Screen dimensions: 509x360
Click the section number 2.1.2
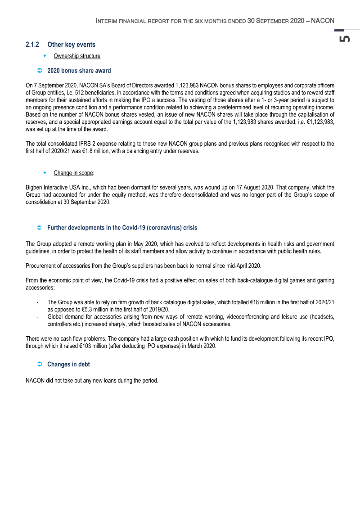(32, 45)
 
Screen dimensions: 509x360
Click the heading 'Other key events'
(71, 45)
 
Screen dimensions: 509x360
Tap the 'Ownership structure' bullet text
(77, 56)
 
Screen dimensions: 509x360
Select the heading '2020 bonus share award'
(79, 71)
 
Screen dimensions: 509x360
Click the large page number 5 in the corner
(345, 39)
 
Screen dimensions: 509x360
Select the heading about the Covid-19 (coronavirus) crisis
(122, 228)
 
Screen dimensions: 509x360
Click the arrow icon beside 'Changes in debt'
(39, 365)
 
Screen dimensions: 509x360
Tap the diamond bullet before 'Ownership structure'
(45, 56)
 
